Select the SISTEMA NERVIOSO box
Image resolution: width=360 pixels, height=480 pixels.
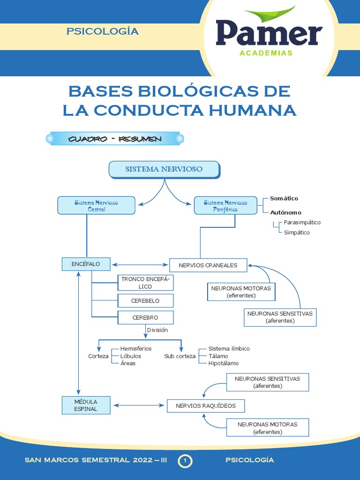164,169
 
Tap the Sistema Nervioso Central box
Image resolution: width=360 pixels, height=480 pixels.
96,205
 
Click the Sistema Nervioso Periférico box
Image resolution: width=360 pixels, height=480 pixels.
225,205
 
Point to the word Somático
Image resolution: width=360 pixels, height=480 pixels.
284,198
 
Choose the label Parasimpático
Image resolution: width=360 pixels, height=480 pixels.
302,223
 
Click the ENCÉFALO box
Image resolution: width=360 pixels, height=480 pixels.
86,264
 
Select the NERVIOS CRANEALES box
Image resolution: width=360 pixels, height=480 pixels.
208,265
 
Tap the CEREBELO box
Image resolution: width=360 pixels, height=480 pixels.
145,300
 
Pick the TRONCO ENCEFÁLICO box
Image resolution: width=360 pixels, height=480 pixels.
145,283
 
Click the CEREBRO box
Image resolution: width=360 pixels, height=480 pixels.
145,317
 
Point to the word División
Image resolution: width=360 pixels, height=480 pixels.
157,330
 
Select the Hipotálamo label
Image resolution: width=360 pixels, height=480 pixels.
224,363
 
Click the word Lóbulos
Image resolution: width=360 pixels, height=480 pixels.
131,356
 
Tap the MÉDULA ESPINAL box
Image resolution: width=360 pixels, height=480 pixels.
86,405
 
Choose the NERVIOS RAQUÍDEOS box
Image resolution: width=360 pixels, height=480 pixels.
206,405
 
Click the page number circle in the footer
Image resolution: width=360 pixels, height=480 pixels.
185,461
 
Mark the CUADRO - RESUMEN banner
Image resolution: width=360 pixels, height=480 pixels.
115,139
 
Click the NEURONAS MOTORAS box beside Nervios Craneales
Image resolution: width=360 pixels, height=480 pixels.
241,292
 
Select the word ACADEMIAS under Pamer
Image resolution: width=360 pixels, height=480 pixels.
266,53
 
